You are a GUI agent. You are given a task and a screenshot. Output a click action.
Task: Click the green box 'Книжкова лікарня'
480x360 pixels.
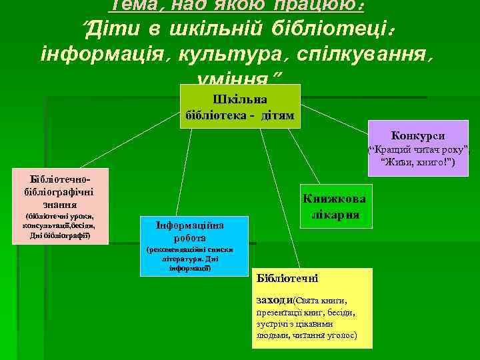[338, 207]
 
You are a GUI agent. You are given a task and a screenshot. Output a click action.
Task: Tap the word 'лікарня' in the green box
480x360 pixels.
[338, 215]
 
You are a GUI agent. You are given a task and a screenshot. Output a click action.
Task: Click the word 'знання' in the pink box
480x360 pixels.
[59, 205]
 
